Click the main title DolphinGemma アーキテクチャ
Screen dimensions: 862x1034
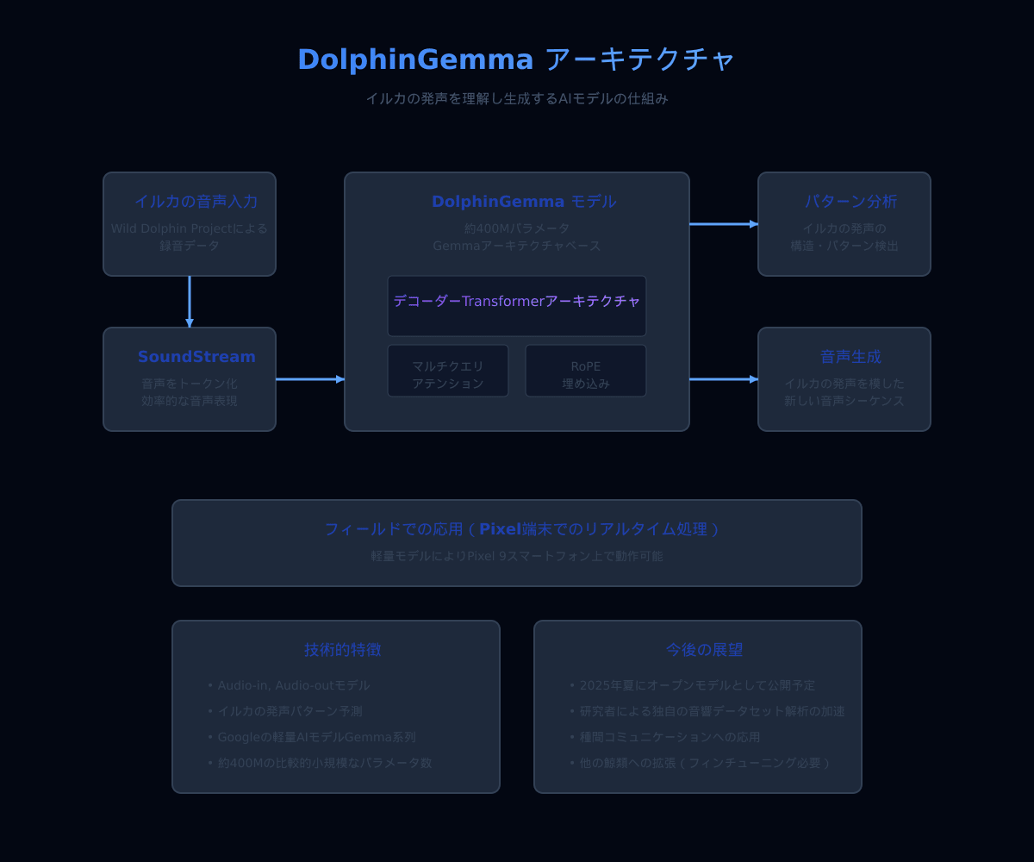tap(516, 59)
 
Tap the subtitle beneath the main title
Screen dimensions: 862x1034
tap(516, 98)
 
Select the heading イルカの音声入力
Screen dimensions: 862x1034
tap(196, 202)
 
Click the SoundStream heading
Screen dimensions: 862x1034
tap(196, 357)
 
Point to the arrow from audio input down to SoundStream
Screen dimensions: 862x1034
tap(190, 302)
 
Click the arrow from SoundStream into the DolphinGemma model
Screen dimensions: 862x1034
tap(310, 379)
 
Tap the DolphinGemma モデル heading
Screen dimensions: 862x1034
tap(524, 202)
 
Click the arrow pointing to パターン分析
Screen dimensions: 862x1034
tap(724, 224)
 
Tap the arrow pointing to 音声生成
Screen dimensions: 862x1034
tap(724, 379)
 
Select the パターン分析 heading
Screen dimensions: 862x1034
tap(850, 202)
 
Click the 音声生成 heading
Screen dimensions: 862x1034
tap(850, 357)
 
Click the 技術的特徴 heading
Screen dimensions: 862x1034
tap(342, 650)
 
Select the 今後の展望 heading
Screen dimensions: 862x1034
tap(704, 650)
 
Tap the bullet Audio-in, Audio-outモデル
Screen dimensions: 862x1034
tap(293, 685)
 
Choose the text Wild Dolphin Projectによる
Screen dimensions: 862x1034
tap(190, 228)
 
